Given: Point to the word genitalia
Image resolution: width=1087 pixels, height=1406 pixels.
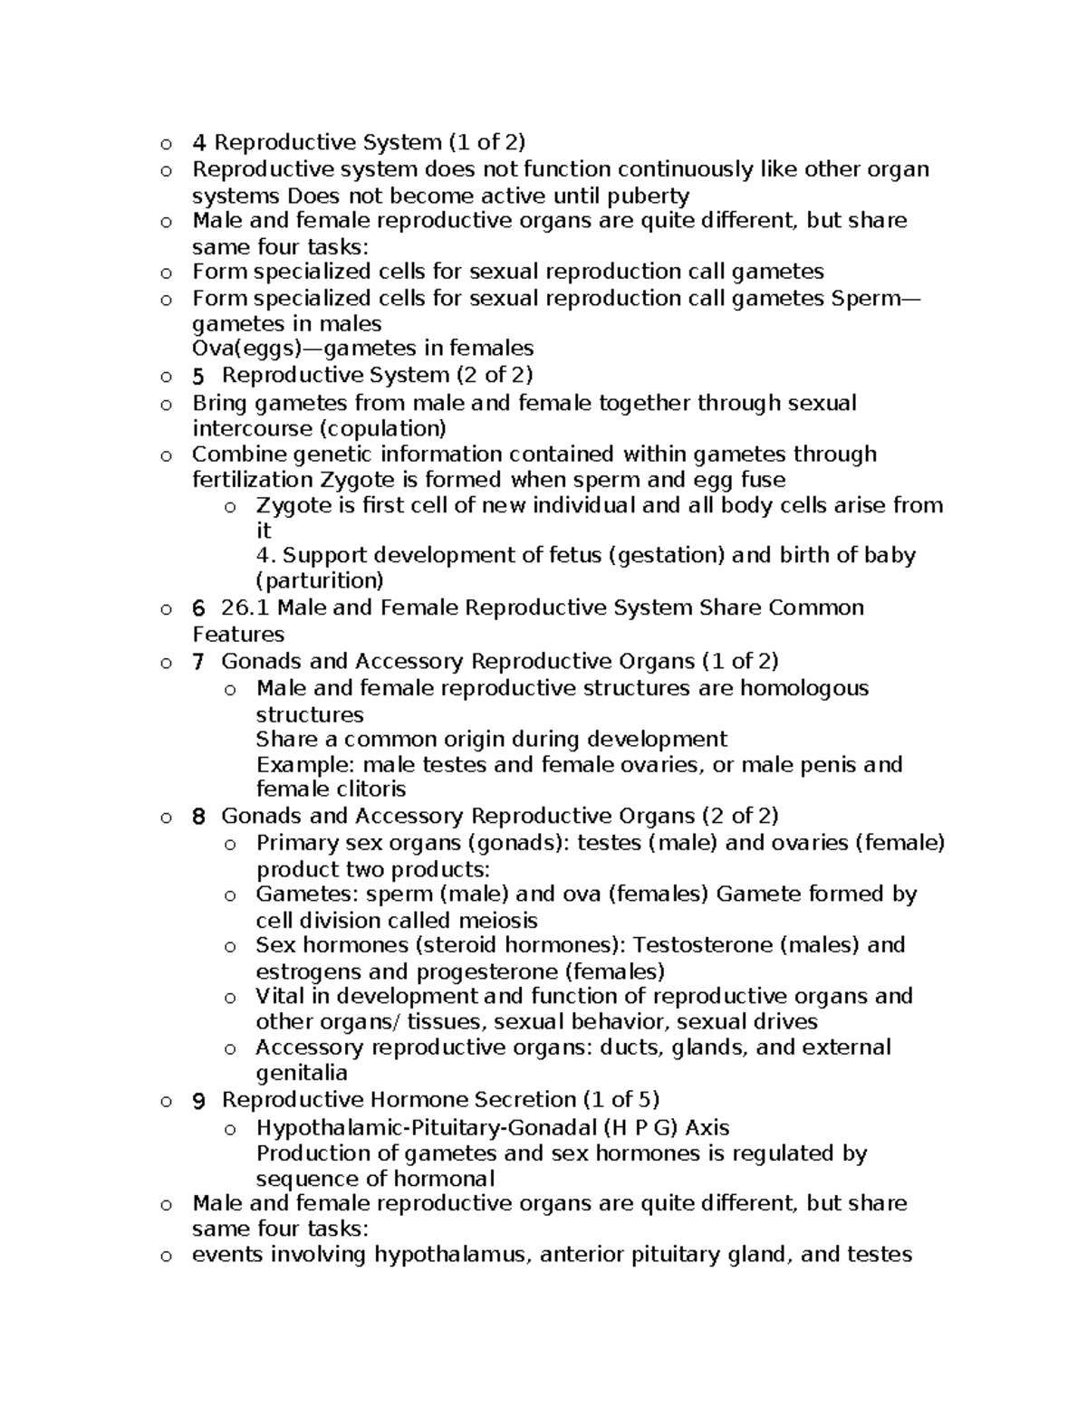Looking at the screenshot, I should pos(302,1074).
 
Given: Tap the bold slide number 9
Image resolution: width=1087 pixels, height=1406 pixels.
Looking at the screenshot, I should pos(199,1101).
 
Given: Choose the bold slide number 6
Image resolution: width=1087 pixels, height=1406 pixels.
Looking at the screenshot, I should pos(199,608).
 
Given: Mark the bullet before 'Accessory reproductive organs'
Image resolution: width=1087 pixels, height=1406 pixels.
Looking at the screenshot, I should pos(230,1049).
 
